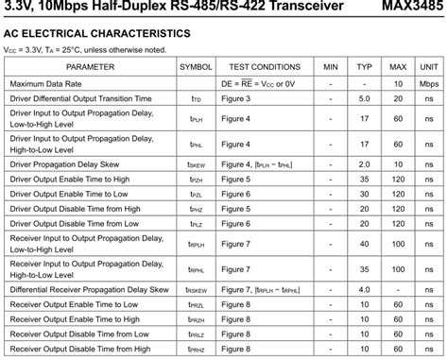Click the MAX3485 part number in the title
coord(413,8)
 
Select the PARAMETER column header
coord(90,67)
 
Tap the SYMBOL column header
coord(196,67)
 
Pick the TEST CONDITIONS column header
coord(265,67)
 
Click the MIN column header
coord(331,67)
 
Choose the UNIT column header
coord(429,67)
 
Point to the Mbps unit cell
coord(429,83)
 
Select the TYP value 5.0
coord(364,98)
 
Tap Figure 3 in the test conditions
coord(235,98)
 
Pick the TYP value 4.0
coord(364,289)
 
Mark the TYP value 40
coord(364,244)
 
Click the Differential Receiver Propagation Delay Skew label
coord(89,289)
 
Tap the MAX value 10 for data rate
coord(398,83)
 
